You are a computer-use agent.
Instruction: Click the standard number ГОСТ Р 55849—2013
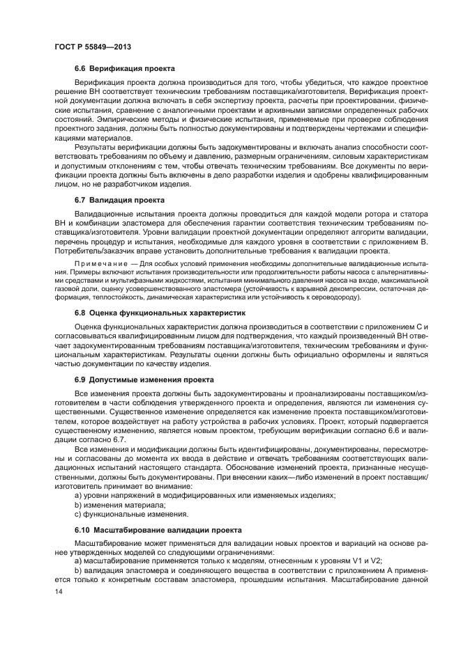[93, 47]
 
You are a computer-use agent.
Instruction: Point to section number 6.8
[82, 313]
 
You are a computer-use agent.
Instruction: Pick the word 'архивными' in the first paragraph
[294, 111]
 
